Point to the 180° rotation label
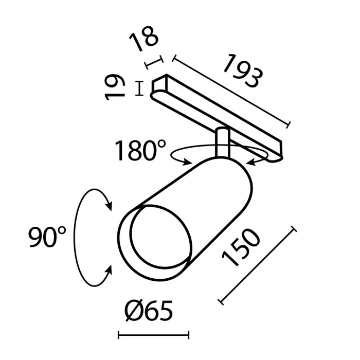[140, 151]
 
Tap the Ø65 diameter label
[148, 311]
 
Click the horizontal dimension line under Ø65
[154, 336]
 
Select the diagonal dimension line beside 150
[257, 264]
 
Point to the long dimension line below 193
[231, 91]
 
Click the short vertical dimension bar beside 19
[139, 88]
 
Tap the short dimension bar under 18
[154, 62]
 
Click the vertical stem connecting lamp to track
[222, 143]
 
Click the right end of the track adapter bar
[280, 149]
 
